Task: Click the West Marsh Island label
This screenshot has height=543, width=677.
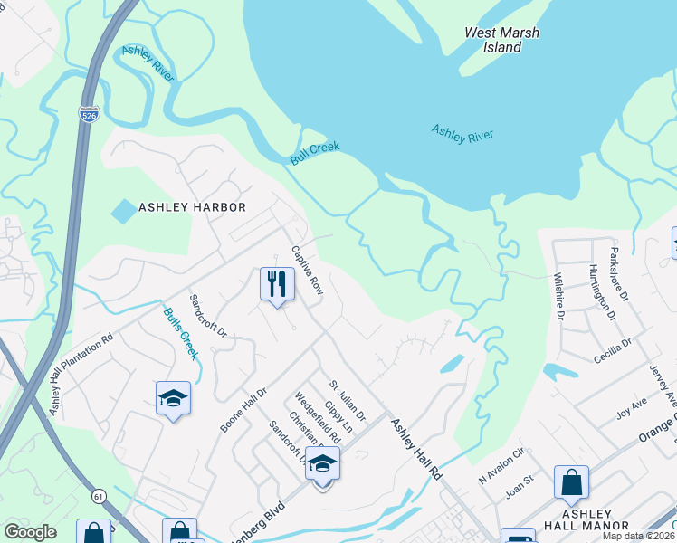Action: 501,40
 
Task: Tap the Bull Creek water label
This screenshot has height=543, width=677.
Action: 315,153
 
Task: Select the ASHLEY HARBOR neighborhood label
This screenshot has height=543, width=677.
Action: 192,207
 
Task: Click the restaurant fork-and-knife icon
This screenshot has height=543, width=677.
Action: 277,283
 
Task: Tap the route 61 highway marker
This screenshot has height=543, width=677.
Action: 96,496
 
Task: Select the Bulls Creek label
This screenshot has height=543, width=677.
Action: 181,333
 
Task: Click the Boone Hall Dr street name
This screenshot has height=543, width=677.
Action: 244,410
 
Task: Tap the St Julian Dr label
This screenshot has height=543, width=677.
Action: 347,401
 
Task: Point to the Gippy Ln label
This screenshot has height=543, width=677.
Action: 340,416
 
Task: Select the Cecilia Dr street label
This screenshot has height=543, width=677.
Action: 614,351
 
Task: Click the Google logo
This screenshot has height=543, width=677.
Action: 31,533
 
